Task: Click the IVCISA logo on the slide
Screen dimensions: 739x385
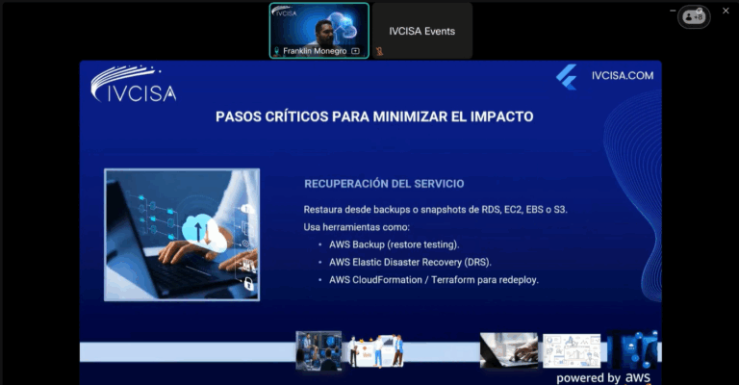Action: tap(134, 84)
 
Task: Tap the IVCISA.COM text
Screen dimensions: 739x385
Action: tap(623, 76)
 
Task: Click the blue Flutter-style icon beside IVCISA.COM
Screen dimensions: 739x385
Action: tap(567, 77)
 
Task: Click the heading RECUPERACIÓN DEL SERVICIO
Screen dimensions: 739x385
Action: tap(384, 184)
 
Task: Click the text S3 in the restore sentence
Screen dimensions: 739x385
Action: tap(560, 209)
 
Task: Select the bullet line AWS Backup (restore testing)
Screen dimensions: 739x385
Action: tap(394, 244)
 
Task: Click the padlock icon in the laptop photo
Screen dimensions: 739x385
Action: tap(248, 284)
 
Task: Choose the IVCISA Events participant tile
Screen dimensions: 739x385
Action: tap(422, 31)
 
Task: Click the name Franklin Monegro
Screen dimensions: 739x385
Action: tap(315, 51)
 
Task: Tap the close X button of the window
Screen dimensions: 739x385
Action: tap(726, 11)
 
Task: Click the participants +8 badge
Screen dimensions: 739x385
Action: tap(694, 17)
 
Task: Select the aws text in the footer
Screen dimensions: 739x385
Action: tap(638, 377)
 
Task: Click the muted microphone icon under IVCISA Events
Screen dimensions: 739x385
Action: tap(379, 51)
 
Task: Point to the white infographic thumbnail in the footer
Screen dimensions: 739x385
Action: tap(572, 350)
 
